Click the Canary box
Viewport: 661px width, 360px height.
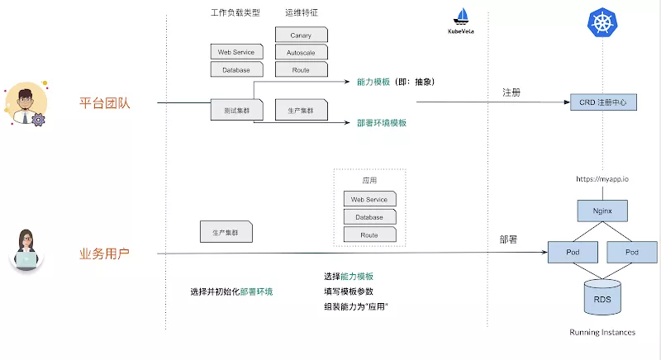coord(301,35)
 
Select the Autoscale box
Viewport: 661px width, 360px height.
coord(301,53)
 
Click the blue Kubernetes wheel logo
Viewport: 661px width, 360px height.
coord(602,22)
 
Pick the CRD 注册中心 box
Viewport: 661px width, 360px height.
coord(603,102)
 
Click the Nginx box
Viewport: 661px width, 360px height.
coord(602,211)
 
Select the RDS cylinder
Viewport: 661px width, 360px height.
coord(602,297)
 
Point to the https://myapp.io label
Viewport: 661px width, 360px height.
coord(602,179)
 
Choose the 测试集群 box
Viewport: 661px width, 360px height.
coord(236,111)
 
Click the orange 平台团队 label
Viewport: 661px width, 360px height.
coord(105,103)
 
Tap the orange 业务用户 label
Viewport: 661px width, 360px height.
coord(105,253)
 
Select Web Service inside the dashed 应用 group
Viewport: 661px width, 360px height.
coord(369,199)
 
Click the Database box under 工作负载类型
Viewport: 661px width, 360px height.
coord(236,70)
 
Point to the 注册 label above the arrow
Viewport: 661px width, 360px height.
coord(511,92)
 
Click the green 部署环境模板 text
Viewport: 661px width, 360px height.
coord(382,123)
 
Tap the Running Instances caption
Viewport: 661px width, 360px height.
coord(602,332)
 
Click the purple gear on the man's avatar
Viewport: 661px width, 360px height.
coord(38,120)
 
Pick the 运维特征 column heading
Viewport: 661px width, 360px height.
coord(302,12)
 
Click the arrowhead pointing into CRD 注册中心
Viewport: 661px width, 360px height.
coord(567,102)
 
